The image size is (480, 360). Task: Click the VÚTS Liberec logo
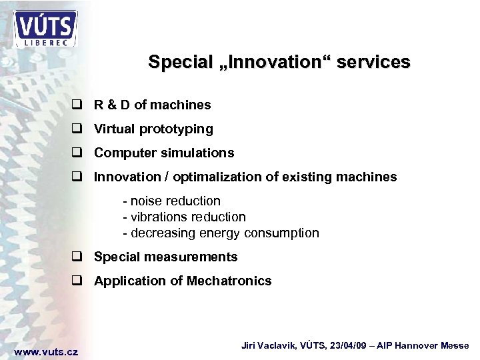click(45, 28)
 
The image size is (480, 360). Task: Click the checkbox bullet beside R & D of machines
click(77, 105)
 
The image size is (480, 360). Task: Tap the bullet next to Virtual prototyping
click(77, 129)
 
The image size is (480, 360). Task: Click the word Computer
click(122, 153)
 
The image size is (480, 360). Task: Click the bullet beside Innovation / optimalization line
click(77, 177)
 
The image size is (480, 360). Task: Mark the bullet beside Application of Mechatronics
click(77, 281)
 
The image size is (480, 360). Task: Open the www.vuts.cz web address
click(46, 351)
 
